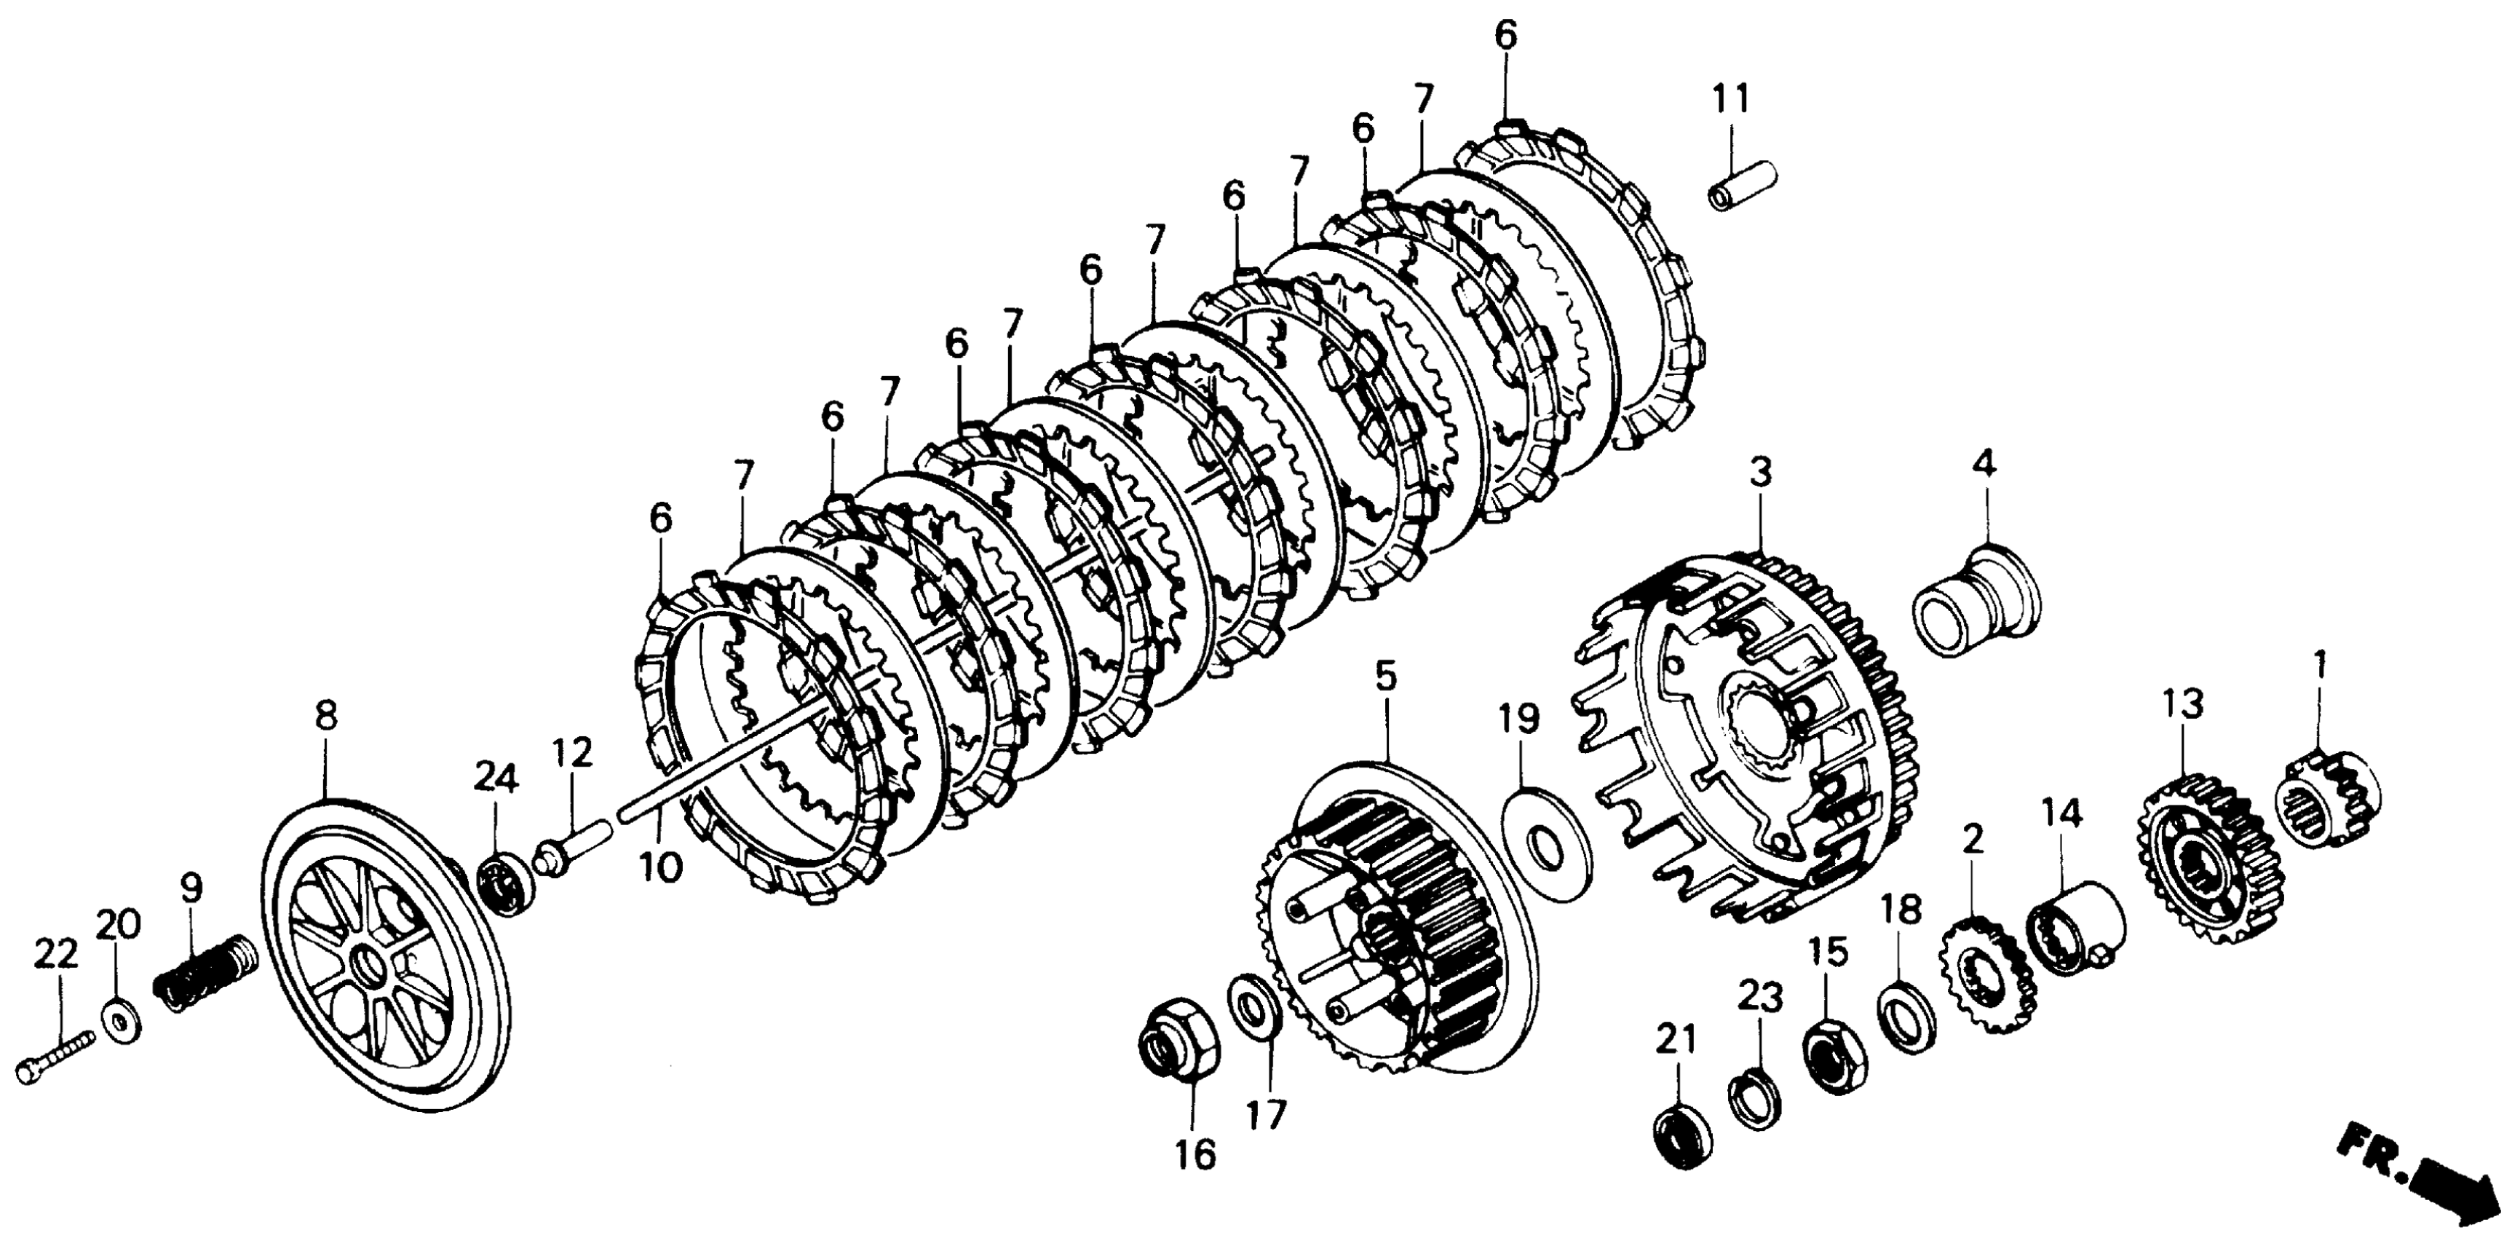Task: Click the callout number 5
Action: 1385,675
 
